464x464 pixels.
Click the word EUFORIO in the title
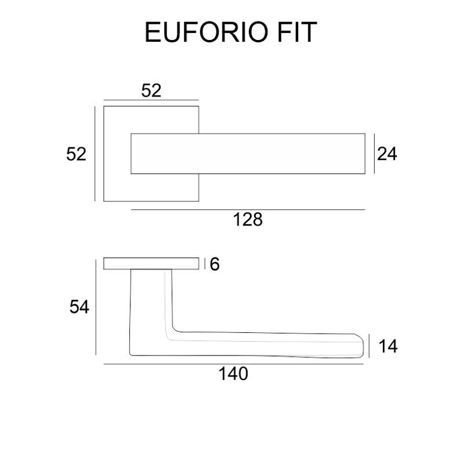pyautogui.click(x=207, y=32)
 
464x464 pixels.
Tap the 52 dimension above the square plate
pyautogui.click(x=151, y=90)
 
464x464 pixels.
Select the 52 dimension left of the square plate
pyautogui.click(x=77, y=154)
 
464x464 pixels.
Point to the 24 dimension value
pyautogui.click(x=387, y=154)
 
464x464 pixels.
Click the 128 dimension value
pyautogui.click(x=248, y=220)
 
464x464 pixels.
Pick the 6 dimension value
pyautogui.click(x=215, y=264)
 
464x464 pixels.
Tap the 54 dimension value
pyautogui.click(x=79, y=307)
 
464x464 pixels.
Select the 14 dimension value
pyautogui.click(x=388, y=346)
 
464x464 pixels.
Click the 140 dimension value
pyautogui.click(x=233, y=374)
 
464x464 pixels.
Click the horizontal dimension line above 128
pyautogui.click(x=248, y=209)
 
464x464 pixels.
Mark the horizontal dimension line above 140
pyautogui.click(x=234, y=364)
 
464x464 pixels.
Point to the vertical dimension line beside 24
pyautogui.click(x=374, y=154)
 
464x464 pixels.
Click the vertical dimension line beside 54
pyautogui.click(x=96, y=307)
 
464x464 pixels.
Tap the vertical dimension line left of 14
pyautogui.click(x=369, y=346)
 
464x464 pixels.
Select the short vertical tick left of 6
pyautogui.click(x=205, y=264)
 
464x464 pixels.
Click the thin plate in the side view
pyautogui.click(x=151, y=264)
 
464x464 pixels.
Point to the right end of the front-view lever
pyautogui.click(x=365, y=154)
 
